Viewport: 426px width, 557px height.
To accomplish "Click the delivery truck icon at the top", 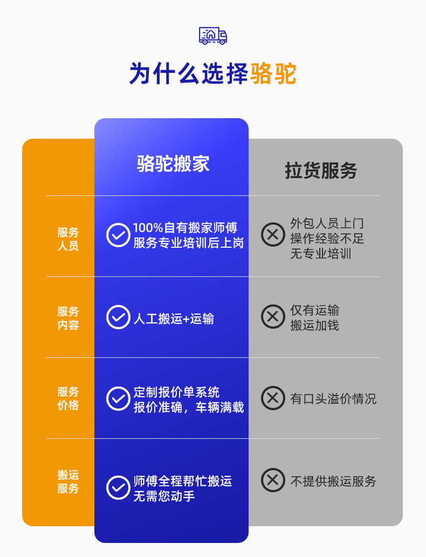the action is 213,35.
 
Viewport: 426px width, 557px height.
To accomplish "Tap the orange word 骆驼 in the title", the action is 273,74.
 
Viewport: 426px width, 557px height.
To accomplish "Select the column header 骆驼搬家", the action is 173,164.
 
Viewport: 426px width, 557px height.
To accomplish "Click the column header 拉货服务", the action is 321,171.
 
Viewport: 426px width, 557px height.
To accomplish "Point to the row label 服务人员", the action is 68,239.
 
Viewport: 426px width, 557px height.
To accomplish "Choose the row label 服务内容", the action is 68,318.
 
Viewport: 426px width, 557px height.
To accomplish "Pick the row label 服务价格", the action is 68,398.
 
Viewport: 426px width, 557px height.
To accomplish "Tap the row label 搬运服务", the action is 68,481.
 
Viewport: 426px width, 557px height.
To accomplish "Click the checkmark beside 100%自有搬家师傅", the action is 118,235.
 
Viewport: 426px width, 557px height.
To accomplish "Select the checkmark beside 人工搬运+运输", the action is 118,317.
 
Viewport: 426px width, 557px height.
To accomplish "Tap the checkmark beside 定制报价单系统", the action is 118,398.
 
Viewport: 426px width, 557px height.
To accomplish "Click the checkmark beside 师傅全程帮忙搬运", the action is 118,487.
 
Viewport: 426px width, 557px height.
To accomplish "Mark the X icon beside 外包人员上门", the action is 273,235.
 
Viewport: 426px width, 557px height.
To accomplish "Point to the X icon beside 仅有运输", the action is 273,317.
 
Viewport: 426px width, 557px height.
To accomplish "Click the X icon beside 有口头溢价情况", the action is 273,398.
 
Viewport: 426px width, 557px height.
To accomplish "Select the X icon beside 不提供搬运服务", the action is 273,480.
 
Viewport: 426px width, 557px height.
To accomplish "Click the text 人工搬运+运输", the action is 174,319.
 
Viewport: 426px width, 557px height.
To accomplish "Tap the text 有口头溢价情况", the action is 333,399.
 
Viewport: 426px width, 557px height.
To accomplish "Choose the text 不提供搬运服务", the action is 333,481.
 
